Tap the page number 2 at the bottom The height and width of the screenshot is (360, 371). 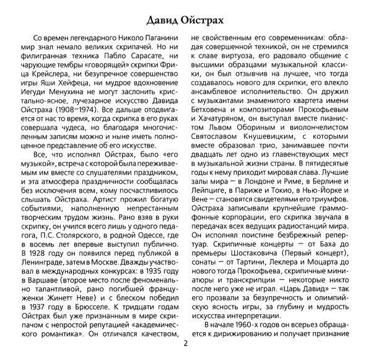click(185, 344)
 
